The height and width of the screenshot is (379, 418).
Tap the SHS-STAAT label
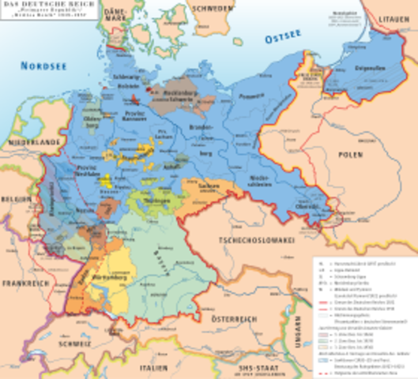288,364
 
